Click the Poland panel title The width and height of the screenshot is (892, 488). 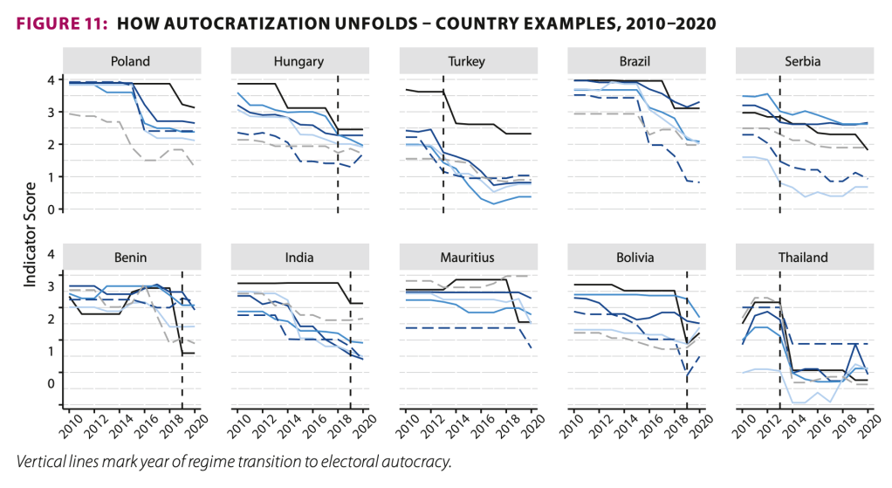point(130,62)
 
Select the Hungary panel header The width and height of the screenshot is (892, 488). point(298,62)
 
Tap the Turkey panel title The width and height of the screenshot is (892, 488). point(467,62)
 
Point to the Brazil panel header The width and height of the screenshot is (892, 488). point(635,62)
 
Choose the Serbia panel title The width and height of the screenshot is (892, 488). point(804,62)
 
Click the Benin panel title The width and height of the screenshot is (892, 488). point(130,258)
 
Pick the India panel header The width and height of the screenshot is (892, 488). point(298,258)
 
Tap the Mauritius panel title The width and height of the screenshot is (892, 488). point(467,258)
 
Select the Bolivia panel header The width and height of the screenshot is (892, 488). point(635,258)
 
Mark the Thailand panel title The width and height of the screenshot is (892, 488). point(804,258)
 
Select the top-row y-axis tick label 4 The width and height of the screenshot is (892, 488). point(51,80)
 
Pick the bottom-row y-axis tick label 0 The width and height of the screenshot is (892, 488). point(51,385)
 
